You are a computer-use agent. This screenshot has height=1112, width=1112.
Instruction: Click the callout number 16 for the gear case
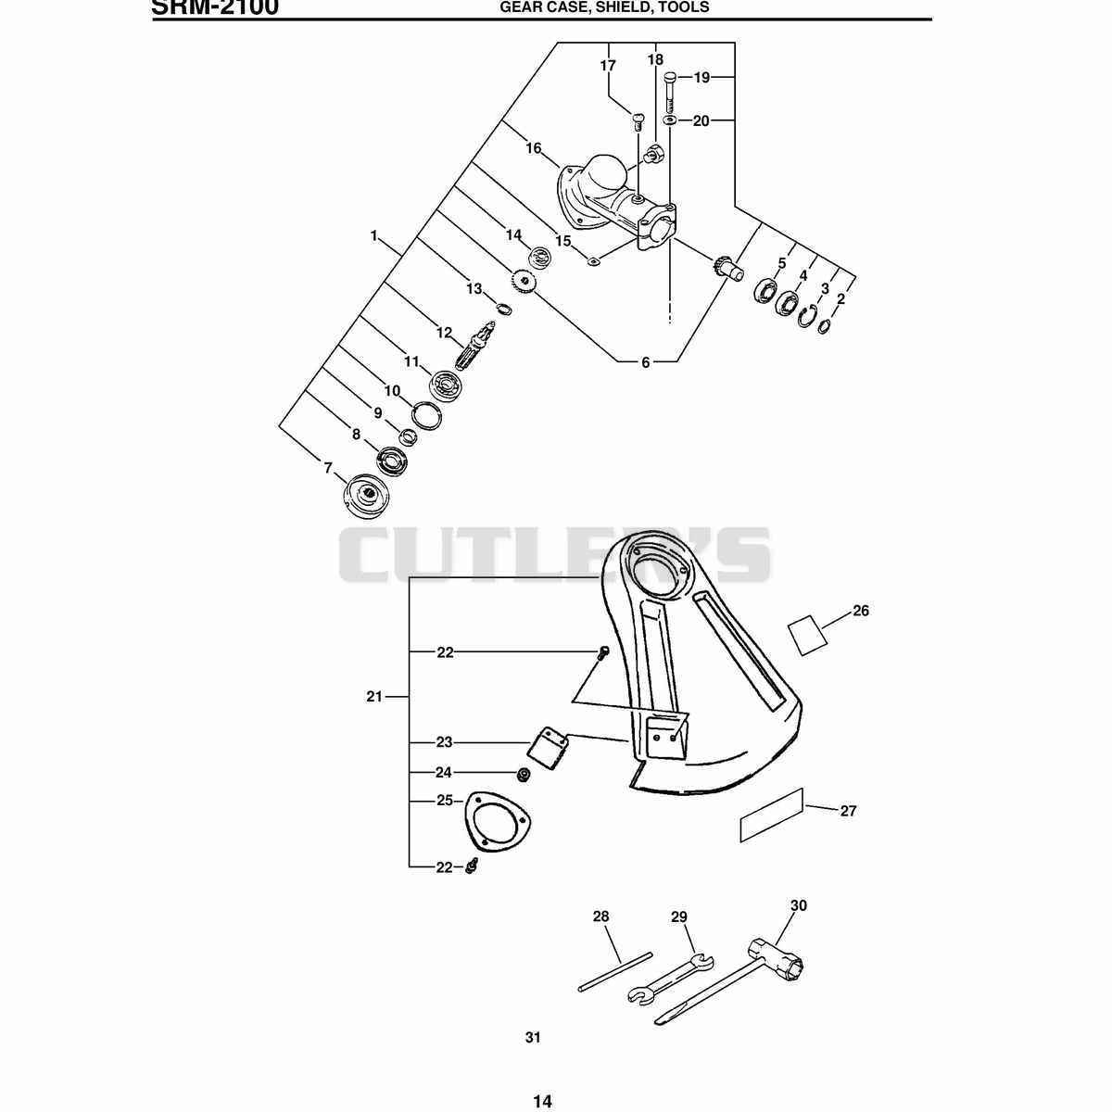pos(533,148)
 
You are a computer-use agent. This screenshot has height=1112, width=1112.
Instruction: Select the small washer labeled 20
pos(669,120)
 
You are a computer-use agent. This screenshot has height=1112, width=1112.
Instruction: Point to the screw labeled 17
pos(638,121)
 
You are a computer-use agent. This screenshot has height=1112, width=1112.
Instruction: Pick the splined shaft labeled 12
pos(476,347)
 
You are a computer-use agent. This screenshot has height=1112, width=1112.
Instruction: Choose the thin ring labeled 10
pos(427,417)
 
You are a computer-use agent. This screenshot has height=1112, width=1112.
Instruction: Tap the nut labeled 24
pos(524,775)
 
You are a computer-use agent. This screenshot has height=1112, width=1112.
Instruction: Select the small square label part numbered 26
pos(808,635)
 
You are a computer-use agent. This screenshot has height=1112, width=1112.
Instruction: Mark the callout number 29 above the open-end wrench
pos(678,916)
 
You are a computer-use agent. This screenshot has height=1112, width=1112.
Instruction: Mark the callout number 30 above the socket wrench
pos(798,905)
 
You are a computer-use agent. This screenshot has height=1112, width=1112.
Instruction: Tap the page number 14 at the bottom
pos(542,1085)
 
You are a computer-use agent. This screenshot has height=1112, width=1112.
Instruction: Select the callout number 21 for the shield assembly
pos(374,697)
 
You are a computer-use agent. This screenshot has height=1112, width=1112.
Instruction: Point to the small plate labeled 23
pos(549,746)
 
